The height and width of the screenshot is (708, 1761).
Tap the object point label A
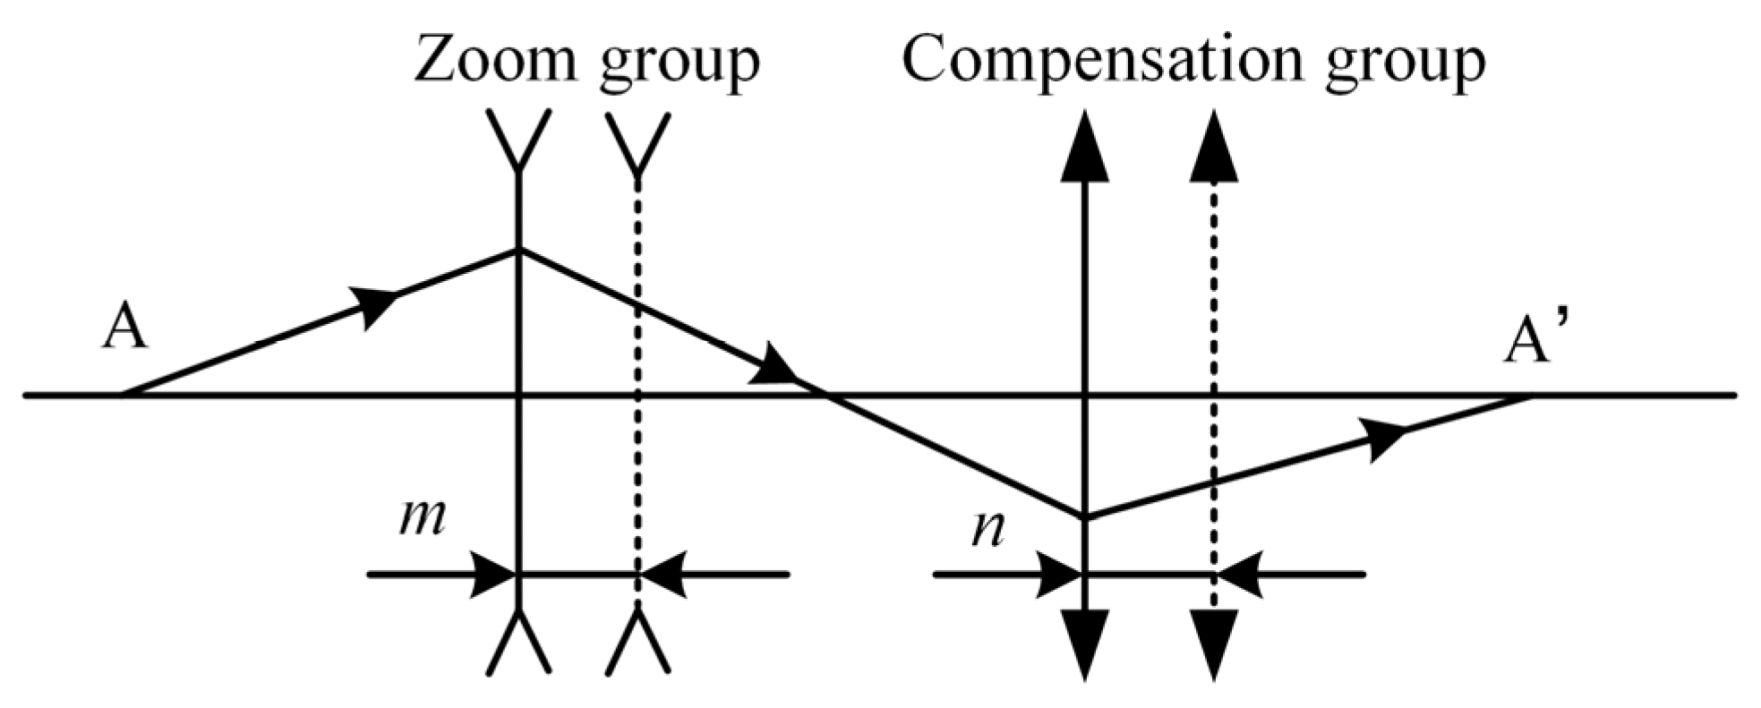click(125, 328)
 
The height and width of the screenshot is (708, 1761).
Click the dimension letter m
click(422, 519)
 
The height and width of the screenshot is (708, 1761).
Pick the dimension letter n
click(987, 530)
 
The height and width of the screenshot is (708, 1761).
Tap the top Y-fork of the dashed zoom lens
click(637, 142)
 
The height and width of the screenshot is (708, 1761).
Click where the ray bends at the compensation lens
click(1084, 516)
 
